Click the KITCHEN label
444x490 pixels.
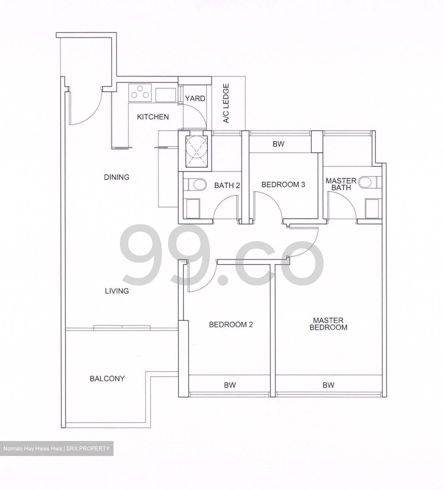pos(153,117)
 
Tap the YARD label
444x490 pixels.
pos(195,98)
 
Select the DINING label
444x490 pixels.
pos(117,177)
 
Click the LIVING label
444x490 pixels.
pos(117,291)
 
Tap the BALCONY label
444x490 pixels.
pos(107,378)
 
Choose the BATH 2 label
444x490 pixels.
pos(227,185)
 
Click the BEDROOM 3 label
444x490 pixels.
pos(283,184)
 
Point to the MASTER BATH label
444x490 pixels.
pos(341,184)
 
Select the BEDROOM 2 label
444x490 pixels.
pos(231,325)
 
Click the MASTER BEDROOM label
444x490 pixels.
pos(328,324)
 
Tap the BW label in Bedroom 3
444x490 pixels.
pos(278,144)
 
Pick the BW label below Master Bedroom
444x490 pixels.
pos(328,385)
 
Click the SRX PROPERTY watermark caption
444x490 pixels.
pos(56,448)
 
